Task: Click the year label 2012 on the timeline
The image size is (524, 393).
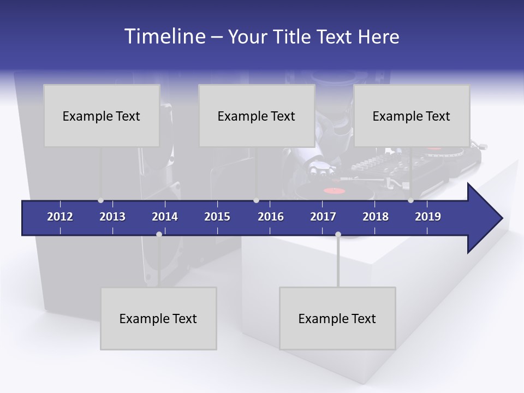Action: pyautogui.click(x=60, y=217)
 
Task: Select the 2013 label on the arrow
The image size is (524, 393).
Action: pyautogui.click(x=112, y=217)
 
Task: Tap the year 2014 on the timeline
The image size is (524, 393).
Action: pyautogui.click(x=165, y=217)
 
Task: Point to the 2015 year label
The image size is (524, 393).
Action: pyautogui.click(x=217, y=217)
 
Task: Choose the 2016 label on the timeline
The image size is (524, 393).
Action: pyautogui.click(x=271, y=217)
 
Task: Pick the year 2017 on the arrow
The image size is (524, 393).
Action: pyautogui.click(x=323, y=217)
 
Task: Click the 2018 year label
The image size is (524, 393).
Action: pyautogui.click(x=376, y=217)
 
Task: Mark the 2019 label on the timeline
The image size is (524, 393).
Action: pyautogui.click(x=428, y=217)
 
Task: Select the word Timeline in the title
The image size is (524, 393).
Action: pyautogui.click(x=164, y=37)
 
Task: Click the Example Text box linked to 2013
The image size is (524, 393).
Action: pyautogui.click(x=102, y=116)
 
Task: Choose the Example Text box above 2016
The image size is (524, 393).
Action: pyautogui.click(x=257, y=116)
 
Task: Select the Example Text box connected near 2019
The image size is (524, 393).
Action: pyautogui.click(x=412, y=116)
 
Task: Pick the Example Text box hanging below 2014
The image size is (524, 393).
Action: pyautogui.click(x=158, y=318)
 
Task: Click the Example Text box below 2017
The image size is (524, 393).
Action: pyautogui.click(x=337, y=318)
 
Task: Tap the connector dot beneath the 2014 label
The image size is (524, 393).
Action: pyautogui.click(x=159, y=234)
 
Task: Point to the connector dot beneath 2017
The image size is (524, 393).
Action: pyautogui.click(x=338, y=234)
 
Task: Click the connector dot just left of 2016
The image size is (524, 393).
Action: pyautogui.click(x=256, y=200)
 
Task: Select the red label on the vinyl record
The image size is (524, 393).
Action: pyautogui.click(x=334, y=191)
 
